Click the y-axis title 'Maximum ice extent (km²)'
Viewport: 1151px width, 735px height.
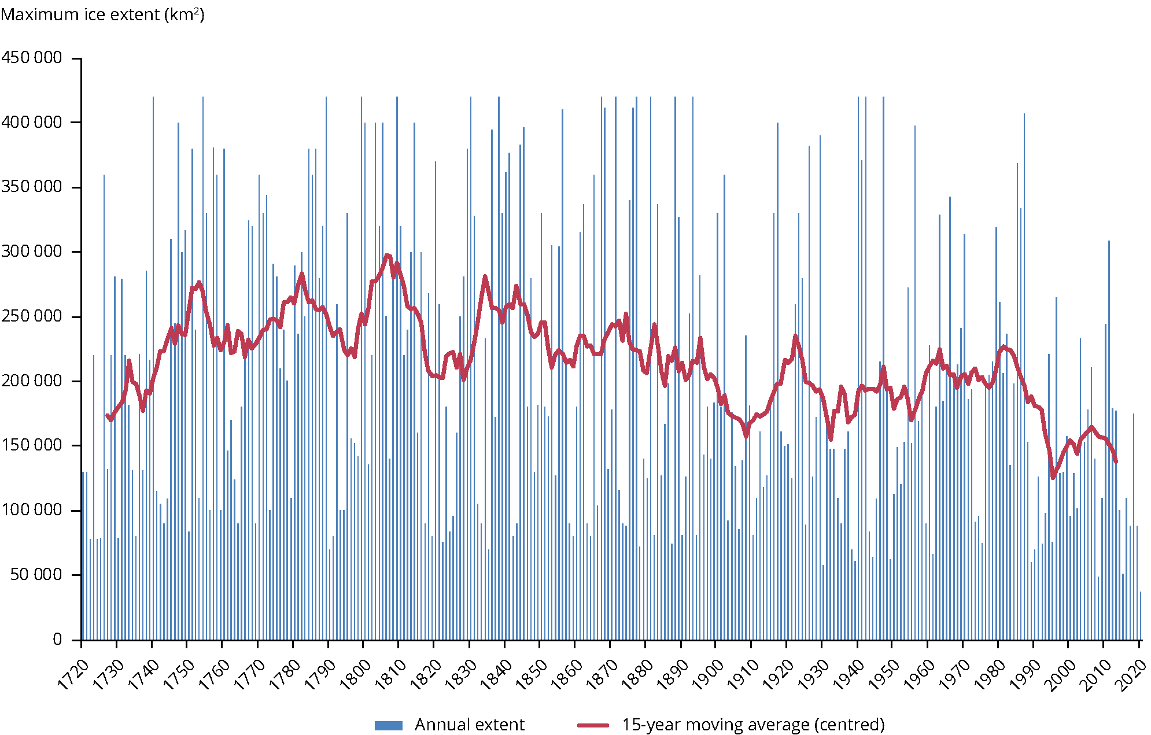pos(102,14)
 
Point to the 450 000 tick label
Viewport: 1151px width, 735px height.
pos(32,58)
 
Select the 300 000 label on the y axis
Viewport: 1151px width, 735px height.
pos(32,252)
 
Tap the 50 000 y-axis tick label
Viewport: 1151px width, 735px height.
pos(36,575)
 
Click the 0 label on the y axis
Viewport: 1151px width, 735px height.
pos(57,639)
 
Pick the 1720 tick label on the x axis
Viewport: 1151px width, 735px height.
pos(73,674)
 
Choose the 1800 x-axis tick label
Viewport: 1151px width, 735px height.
pos(355,674)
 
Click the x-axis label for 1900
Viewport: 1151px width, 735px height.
pos(708,674)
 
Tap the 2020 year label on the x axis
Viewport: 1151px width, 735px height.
pos(1131,674)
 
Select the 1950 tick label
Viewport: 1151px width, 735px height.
pos(884,674)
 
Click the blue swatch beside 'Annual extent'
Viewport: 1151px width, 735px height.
pos(388,725)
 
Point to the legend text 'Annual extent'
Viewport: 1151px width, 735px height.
pos(469,725)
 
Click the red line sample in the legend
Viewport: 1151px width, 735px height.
pos(593,725)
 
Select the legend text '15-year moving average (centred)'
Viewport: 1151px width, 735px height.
pos(753,725)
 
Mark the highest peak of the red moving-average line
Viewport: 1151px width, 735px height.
pos(388,255)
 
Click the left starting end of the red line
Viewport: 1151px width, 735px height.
pos(107,415)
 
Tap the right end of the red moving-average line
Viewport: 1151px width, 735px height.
pos(1116,461)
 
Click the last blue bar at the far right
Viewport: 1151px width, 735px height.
pos(1140,615)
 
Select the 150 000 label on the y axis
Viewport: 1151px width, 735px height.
pos(32,445)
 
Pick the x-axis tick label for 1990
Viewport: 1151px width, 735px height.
pos(1025,674)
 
